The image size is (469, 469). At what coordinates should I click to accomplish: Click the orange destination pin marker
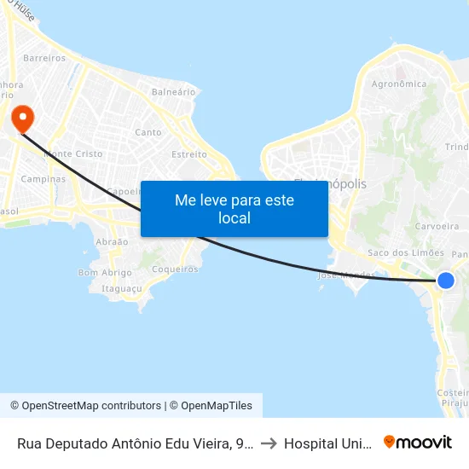[18, 117]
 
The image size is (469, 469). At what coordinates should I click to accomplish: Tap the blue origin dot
[445, 281]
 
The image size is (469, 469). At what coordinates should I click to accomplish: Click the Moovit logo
[418, 443]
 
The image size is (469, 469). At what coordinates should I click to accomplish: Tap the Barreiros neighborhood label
[45, 58]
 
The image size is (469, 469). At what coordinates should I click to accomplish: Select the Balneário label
[173, 91]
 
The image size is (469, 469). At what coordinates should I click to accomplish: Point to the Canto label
[148, 132]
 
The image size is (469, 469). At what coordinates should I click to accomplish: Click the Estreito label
[189, 154]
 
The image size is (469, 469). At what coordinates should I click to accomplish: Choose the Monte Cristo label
[73, 154]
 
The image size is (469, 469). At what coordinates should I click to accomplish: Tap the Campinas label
[43, 179]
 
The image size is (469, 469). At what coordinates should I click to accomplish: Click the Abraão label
[112, 242]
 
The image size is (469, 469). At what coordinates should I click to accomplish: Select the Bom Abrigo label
[105, 273]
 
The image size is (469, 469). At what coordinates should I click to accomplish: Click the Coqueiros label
[174, 269]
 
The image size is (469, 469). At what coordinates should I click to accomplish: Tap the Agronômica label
[399, 84]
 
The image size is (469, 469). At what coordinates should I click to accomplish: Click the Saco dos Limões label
[405, 252]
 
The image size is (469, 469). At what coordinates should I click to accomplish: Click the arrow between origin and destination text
[269, 443]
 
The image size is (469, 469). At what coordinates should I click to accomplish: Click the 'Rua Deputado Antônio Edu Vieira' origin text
[135, 443]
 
